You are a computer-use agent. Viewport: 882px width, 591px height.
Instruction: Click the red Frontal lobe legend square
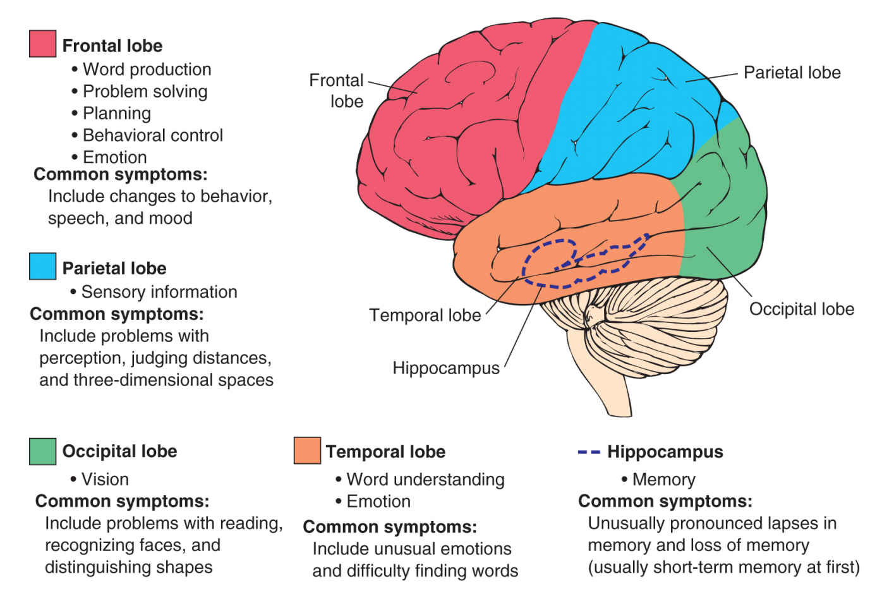[x=42, y=44]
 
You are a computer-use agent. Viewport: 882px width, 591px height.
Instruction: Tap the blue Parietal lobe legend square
[x=42, y=266]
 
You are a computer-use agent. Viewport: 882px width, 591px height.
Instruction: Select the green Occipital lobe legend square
[x=42, y=451]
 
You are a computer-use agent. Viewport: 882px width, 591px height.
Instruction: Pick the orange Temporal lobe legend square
[x=307, y=450]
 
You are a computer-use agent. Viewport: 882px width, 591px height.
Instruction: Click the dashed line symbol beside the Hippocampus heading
[x=589, y=452]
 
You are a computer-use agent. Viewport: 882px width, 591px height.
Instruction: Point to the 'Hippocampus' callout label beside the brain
[x=445, y=368]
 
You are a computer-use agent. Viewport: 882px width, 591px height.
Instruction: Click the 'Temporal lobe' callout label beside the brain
[x=425, y=315]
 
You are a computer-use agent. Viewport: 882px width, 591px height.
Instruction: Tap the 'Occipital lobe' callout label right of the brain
[x=801, y=309]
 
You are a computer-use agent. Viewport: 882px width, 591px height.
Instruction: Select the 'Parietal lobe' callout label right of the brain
[x=792, y=73]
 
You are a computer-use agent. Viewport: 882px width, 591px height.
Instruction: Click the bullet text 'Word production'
[x=147, y=70]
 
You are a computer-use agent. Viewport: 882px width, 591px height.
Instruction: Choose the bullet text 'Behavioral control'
[x=152, y=135]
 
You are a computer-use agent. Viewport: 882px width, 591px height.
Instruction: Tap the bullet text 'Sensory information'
[x=159, y=292]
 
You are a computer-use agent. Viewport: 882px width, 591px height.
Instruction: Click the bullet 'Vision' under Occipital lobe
[x=104, y=479]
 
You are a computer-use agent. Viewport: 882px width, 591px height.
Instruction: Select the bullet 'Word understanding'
[x=425, y=479]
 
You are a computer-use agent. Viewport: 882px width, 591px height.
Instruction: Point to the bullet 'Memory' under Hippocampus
[x=663, y=479]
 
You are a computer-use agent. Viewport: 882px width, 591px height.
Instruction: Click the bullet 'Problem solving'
[x=145, y=92]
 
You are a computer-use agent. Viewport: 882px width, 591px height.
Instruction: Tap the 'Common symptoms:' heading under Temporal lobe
[x=390, y=527]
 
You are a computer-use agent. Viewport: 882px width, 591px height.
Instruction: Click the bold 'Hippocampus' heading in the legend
[x=665, y=452]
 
